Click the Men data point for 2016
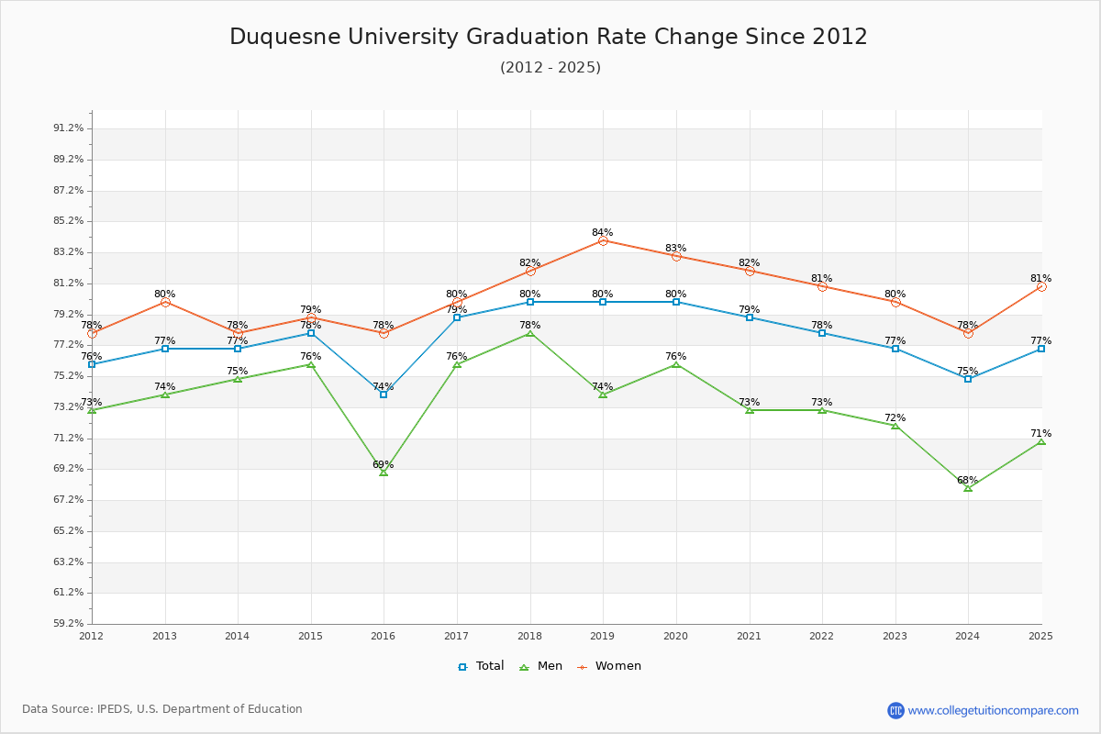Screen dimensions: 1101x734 click(384, 473)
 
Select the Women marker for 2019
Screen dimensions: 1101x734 click(603, 241)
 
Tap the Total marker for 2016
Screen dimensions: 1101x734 click(384, 395)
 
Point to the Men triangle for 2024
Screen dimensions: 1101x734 click(968, 488)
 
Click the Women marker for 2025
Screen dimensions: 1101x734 click(1041, 286)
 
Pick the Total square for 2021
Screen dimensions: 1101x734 click(749, 317)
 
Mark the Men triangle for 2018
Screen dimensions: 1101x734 click(530, 333)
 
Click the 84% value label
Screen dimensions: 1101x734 click(603, 232)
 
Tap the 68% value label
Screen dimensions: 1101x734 click(967, 480)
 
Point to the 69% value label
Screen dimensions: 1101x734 click(383, 464)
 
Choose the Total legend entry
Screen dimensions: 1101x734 click(481, 666)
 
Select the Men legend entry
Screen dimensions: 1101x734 click(540, 666)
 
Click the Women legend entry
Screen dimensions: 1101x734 click(609, 666)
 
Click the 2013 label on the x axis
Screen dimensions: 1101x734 click(164, 636)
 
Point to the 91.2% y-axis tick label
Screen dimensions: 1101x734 click(68, 128)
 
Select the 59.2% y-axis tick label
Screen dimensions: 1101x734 click(68, 623)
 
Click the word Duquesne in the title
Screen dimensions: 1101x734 click(285, 38)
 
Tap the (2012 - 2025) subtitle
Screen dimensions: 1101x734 click(550, 67)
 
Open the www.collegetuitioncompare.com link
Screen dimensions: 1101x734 click(993, 710)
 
